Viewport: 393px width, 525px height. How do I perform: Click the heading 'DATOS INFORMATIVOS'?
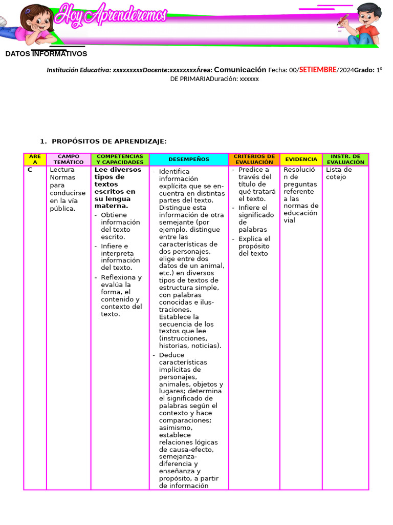(46, 54)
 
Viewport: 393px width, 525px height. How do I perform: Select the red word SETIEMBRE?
(318, 70)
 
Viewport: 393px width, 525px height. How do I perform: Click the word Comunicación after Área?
(240, 70)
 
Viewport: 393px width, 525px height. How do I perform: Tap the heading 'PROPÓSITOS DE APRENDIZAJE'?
(109, 142)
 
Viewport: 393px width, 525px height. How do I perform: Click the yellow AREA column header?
(35, 159)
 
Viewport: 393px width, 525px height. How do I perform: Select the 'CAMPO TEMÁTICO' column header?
(69, 159)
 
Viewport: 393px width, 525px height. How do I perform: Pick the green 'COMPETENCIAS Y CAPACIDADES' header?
(120, 159)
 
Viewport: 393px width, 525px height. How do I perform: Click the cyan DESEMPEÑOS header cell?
(189, 159)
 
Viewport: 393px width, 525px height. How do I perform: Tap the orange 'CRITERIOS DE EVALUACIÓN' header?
(254, 159)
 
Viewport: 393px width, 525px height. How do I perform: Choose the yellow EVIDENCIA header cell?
(301, 159)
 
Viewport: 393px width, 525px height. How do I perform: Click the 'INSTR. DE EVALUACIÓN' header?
(345, 159)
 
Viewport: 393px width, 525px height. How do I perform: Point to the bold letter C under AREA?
(30, 170)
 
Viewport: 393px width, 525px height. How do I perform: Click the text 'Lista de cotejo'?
(339, 173)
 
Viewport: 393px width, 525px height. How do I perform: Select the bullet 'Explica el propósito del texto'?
(254, 246)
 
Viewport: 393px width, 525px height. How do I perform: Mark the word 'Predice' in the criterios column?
(250, 170)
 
